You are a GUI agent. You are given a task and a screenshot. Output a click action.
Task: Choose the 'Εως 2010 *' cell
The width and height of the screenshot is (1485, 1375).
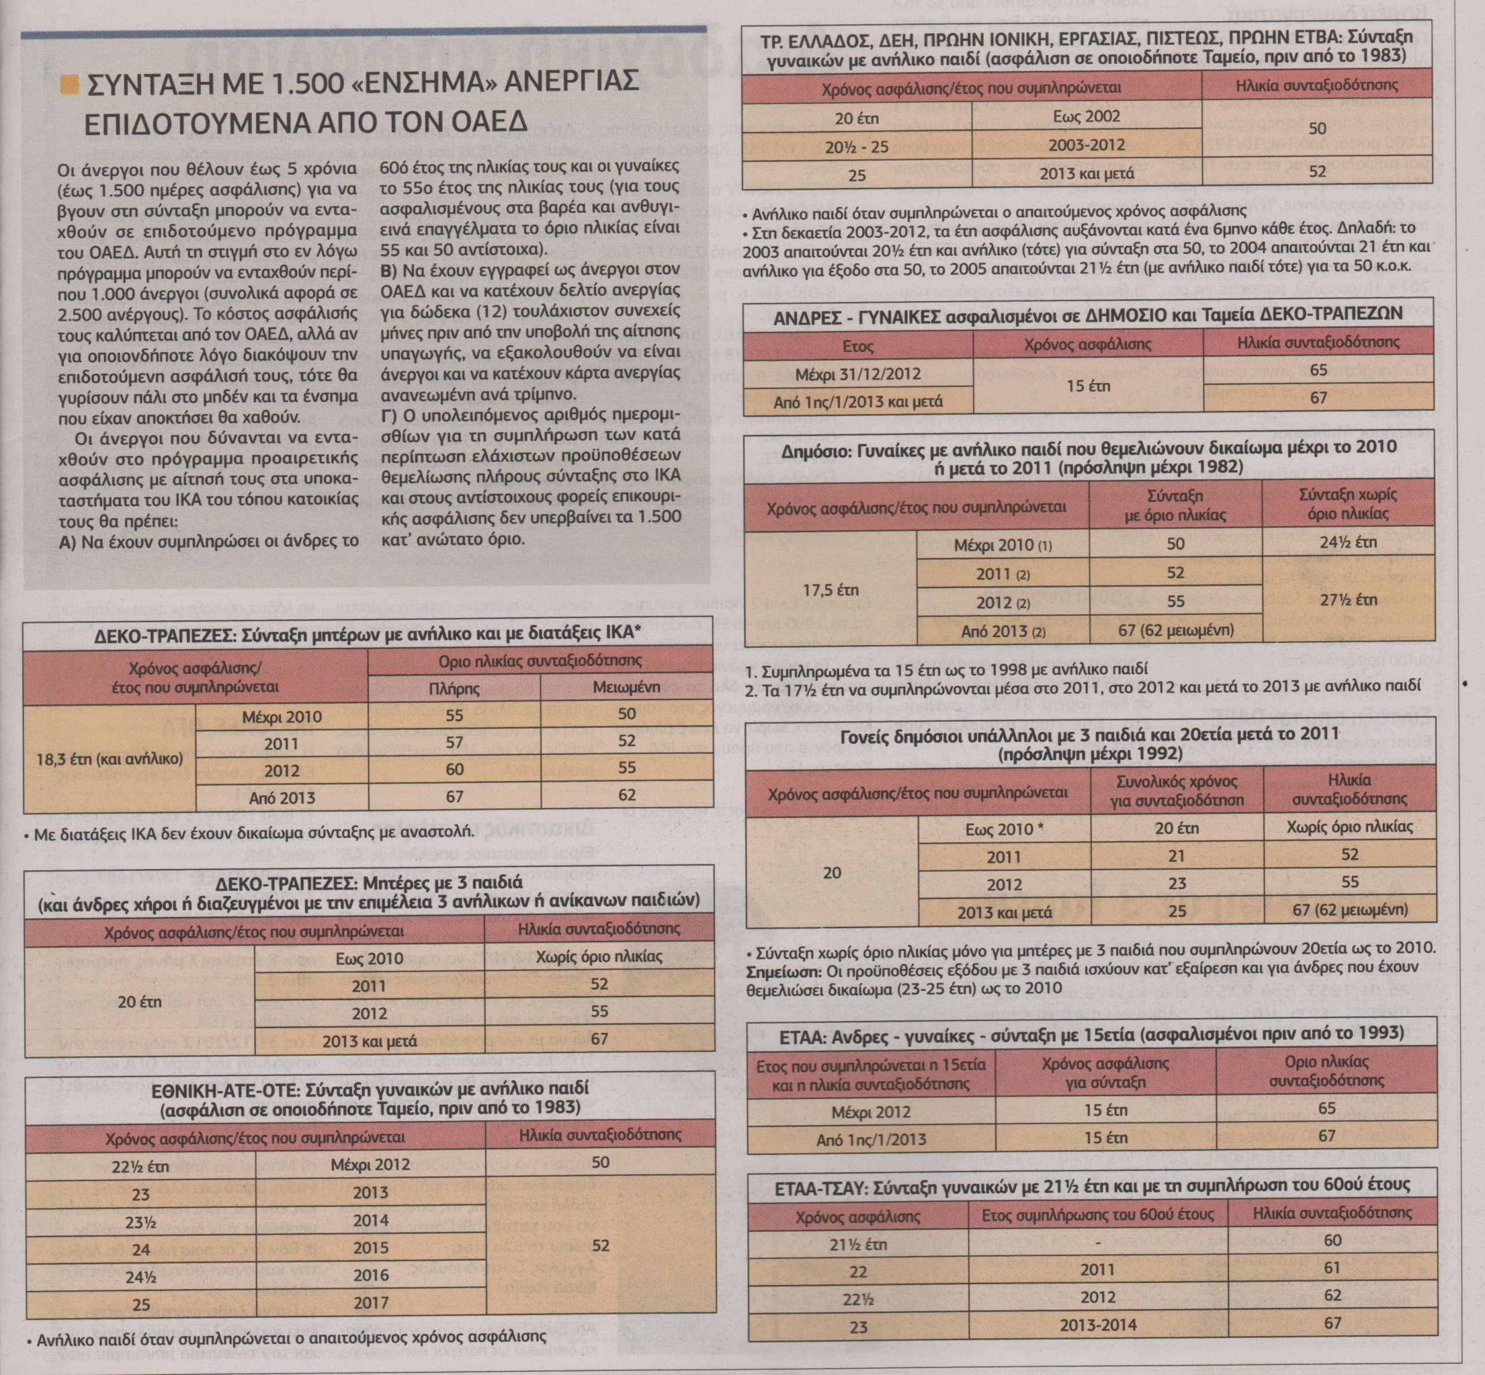pos(1003,829)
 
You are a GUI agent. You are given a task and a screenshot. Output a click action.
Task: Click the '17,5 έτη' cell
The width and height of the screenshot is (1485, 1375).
pos(831,590)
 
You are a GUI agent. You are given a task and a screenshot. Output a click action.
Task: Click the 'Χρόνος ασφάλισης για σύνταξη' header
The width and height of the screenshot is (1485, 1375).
pos(1105,1073)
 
